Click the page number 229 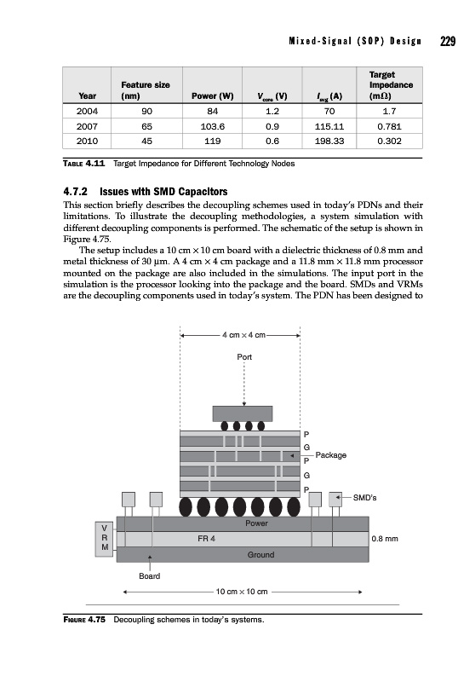click(x=447, y=41)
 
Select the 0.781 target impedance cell click(x=389, y=126)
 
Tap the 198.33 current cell click(x=329, y=141)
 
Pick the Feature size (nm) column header click(x=146, y=90)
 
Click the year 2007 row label click(x=87, y=126)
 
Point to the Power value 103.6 click(x=213, y=126)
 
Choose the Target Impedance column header click(x=391, y=85)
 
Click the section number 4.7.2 click(x=76, y=191)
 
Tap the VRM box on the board click(x=105, y=539)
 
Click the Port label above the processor click(x=244, y=357)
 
